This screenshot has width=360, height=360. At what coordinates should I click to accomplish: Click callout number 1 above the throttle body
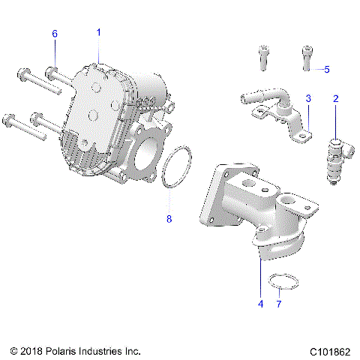tap(97, 32)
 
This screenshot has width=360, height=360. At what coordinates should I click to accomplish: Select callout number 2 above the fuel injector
tap(335, 98)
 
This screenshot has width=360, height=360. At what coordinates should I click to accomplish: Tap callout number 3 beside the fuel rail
tap(307, 98)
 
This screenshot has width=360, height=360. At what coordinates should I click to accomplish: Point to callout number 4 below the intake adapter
tap(260, 304)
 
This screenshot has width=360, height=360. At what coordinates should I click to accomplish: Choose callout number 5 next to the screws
tap(326, 69)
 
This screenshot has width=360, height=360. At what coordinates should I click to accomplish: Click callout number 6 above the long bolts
tap(54, 34)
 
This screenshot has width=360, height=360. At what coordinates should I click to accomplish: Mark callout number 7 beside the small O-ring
tap(279, 304)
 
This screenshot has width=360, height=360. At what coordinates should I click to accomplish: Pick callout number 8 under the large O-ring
tap(169, 220)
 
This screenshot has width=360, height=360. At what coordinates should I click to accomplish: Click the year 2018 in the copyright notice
tap(31, 350)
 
